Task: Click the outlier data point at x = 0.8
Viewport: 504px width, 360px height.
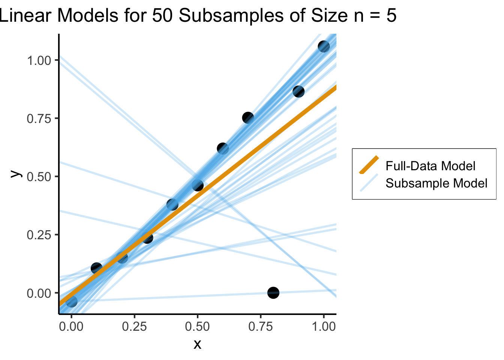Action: point(273,292)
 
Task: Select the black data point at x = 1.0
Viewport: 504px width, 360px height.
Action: point(324,46)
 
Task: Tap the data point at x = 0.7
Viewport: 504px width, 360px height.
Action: point(248,118)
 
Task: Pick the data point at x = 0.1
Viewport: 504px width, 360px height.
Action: point(96,268)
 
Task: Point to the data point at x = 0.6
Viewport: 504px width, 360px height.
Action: point(223,148)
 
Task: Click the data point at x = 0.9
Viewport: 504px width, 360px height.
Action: point(298,91)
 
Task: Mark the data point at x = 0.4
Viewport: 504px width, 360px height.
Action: point(172,205)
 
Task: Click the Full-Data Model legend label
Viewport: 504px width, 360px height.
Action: point(430,166)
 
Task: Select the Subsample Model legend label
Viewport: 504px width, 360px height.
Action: point(436,183)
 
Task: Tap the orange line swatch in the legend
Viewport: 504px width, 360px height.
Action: point(369,165)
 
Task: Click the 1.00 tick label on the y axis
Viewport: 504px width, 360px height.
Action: point(39,60)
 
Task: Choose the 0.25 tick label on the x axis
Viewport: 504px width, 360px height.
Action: point(134,326)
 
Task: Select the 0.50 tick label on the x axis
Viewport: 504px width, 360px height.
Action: point(197,326)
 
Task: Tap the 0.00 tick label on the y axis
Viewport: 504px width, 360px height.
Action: point(39,293)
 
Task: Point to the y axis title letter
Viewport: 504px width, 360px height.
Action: point(15,174)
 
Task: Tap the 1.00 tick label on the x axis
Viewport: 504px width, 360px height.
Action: point(324,326)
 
